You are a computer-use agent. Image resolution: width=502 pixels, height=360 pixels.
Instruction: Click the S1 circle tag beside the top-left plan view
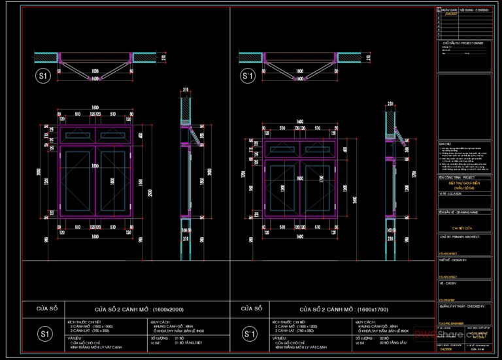tap(43, 76)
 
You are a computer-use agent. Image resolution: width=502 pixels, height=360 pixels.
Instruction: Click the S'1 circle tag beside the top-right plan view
tap(248, 76)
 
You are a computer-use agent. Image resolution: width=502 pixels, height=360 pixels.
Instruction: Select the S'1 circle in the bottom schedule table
tap(250, 335)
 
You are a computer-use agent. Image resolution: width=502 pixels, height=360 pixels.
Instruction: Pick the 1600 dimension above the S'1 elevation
tap(300, 122)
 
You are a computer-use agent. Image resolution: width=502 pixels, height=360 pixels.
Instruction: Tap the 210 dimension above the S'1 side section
tap(390, 103)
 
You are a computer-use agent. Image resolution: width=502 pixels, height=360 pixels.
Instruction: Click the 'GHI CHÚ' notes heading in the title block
tap(445, 141)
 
